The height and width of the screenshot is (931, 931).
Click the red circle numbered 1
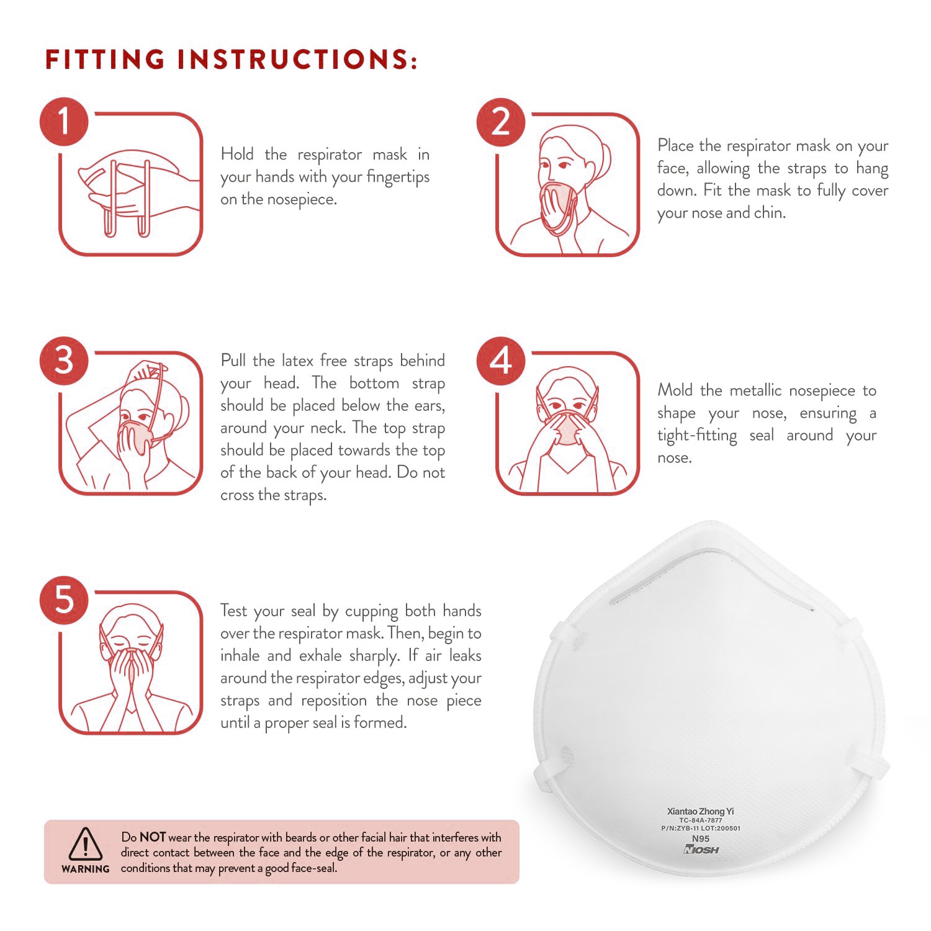[65, 120]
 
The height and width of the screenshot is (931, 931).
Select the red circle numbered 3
[65, 360]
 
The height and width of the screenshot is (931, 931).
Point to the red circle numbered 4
[501, 360]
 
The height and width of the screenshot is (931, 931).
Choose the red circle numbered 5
[65, 600]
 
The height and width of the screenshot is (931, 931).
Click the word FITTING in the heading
[106, 59]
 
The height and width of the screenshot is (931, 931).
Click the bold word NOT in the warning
[153, 837]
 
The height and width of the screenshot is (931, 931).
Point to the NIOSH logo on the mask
[701, 850]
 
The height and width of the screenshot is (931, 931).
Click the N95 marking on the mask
[701, 839]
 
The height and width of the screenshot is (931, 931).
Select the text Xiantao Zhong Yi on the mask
[700, 811]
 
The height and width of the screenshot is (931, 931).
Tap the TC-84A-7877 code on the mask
[701, 821]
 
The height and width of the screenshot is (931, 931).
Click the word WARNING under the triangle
[86, 869]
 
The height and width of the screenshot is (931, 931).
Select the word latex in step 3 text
[298, 361]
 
